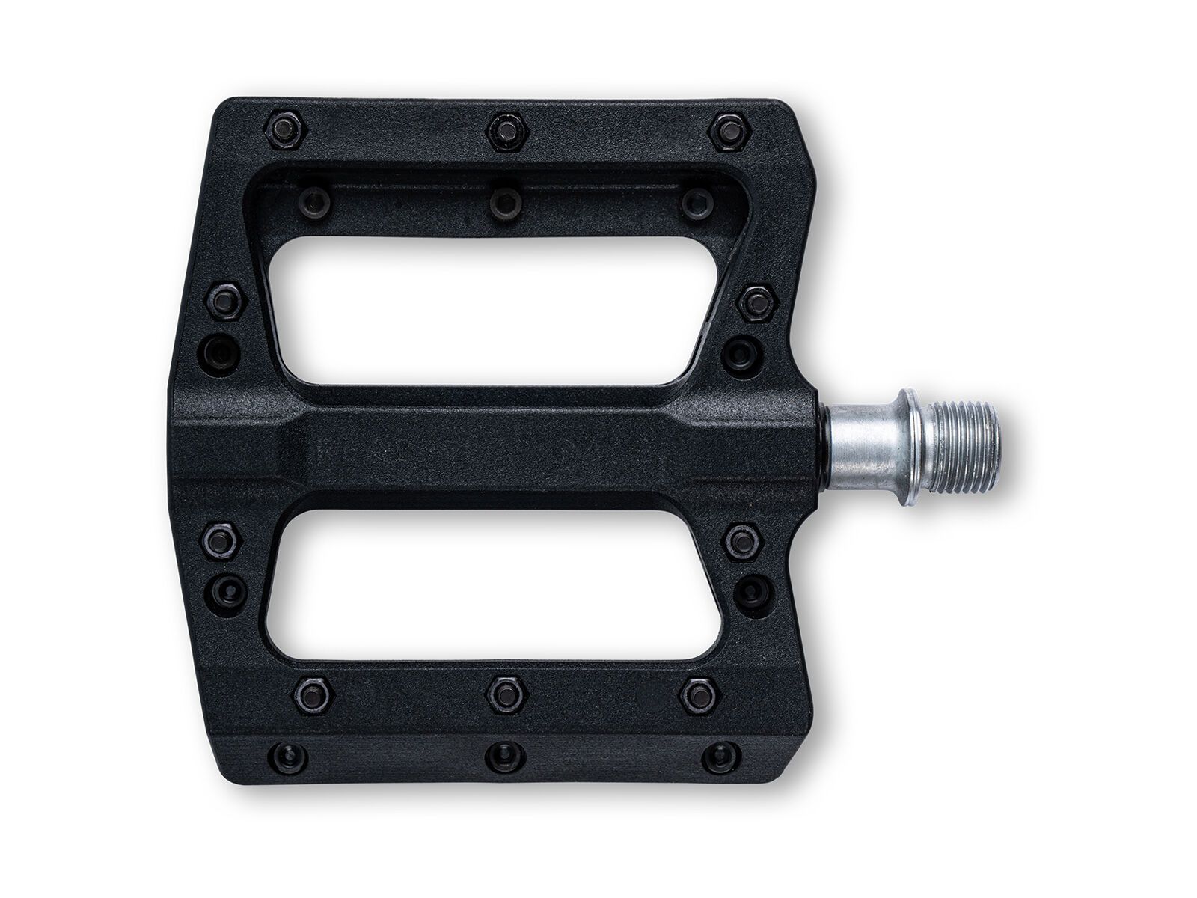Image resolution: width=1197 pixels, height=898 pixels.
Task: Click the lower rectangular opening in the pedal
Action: click(494, 584)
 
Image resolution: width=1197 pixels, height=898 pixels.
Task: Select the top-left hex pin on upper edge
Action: click(286, 132)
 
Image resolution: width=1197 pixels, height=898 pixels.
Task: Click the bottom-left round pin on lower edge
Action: click(288, 757)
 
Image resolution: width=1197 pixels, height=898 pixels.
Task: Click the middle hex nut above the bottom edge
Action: click(506, 695)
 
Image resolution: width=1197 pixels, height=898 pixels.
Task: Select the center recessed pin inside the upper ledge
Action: click(506, 202)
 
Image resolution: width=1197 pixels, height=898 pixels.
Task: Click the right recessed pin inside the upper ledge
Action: click(697, 201)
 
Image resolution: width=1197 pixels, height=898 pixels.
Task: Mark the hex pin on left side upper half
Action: click(225, 302)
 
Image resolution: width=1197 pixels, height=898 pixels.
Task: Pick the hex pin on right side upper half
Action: click(757, 303)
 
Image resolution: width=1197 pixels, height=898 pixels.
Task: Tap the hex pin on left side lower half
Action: click(222, 540)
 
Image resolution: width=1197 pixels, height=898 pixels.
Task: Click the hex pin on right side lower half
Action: click(744, 540)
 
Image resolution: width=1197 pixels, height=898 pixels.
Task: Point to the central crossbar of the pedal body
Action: click(494, 448)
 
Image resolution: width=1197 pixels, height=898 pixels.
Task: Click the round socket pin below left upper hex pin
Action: click(219, 351)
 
